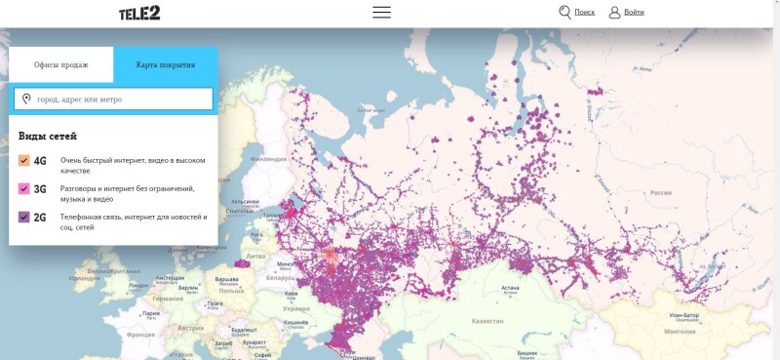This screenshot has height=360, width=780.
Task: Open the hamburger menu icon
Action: [381, 13]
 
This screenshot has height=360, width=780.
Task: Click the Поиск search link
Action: [576, 13]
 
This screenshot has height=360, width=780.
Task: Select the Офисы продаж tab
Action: [61, 64]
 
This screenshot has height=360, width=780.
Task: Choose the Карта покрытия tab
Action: [165, 64]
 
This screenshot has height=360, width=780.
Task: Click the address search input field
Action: [114, 99]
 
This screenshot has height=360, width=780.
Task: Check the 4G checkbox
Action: [24, 161]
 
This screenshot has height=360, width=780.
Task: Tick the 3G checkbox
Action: [24, 189]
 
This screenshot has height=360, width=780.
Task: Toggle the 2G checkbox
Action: [24, 218]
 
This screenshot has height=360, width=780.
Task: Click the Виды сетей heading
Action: [48, 137]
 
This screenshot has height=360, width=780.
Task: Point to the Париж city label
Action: [151, 313]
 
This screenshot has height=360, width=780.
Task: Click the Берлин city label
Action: [188, 289]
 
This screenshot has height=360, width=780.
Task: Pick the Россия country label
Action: [661, 192]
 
